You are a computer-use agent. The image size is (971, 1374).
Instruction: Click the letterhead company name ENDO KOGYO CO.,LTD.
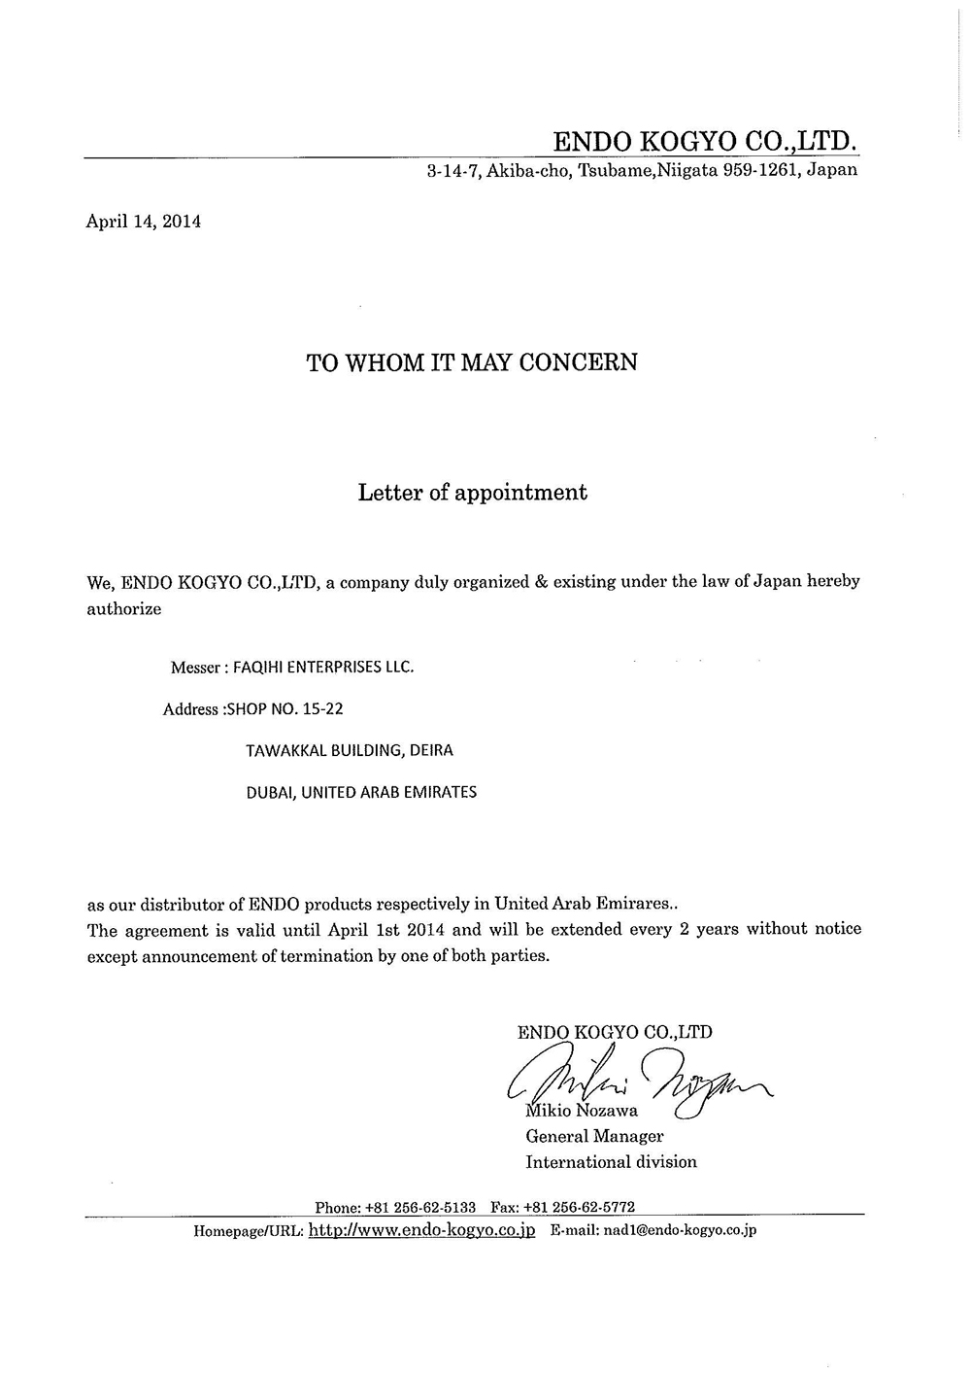705,142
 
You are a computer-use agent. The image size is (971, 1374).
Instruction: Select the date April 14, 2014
144,221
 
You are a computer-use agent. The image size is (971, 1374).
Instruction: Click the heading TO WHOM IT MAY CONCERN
472,362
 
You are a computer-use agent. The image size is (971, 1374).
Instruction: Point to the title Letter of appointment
472,493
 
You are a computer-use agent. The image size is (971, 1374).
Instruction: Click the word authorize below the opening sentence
124,609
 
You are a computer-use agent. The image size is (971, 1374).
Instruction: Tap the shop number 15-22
323,708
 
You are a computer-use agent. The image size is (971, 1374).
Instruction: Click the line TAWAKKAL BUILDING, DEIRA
350,750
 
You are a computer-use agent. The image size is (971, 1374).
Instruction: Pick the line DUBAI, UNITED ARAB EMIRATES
361,792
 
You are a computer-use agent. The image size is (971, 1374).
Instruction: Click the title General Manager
594,1136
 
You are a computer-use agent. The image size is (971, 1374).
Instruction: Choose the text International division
611,1162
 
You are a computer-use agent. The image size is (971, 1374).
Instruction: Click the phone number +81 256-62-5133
419,1207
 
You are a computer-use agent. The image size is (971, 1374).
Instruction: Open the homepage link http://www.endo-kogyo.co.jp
421,1230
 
